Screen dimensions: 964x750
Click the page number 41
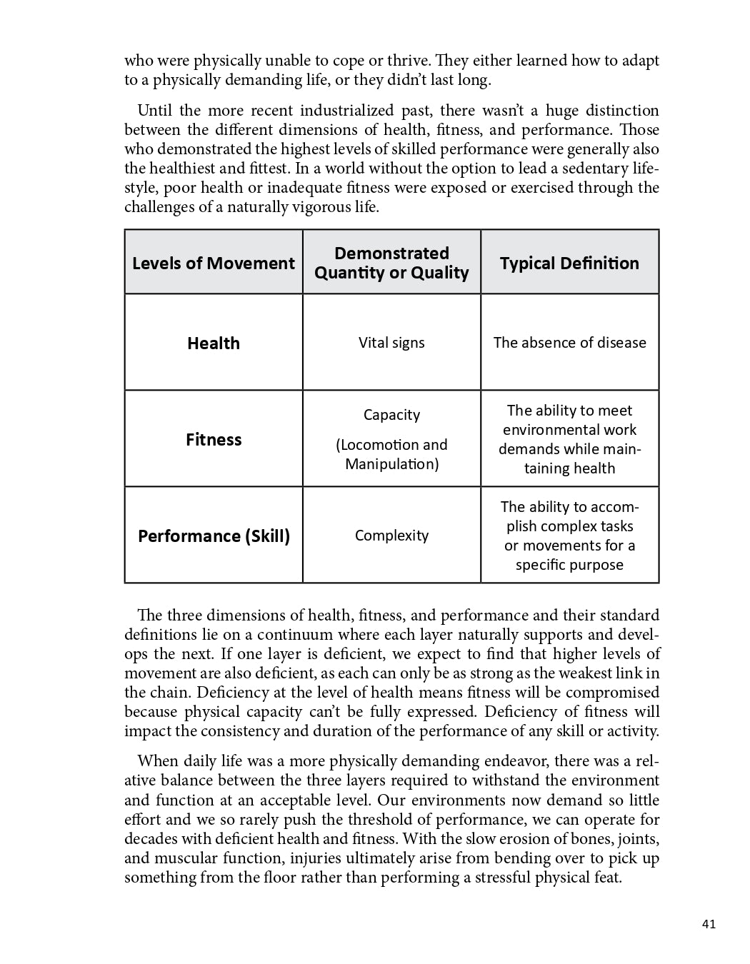click(709, 924)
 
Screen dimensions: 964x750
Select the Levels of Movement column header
click(214, 263)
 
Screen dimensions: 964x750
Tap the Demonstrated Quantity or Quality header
click(391, 263)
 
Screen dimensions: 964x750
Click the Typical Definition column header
click(569, 263)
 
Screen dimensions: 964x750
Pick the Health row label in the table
click(214, 343)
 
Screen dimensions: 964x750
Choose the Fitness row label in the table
click(214, 439)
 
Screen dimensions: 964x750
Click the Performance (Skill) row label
click(214, 536)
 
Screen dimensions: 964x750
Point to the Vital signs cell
click(391, 343)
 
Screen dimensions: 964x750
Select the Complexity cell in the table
click(391, 536)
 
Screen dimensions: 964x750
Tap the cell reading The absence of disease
click(569, 343)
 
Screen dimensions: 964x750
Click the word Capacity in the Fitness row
click(391, 415)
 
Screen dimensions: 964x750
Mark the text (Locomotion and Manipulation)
click(391, 454)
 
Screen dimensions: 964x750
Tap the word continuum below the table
click(294, 635)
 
